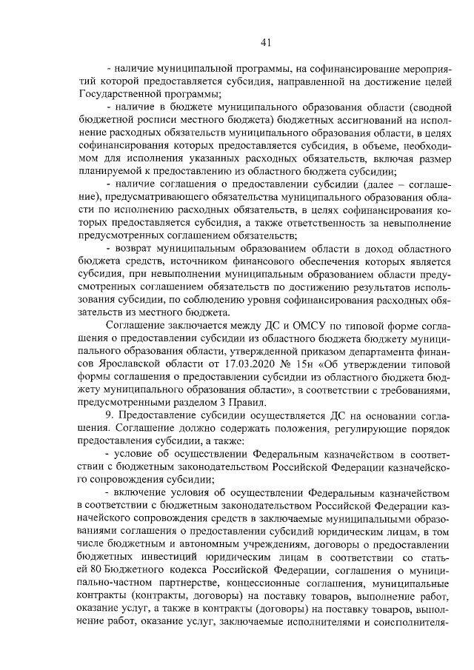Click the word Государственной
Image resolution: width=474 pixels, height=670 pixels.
pos(117,95)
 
